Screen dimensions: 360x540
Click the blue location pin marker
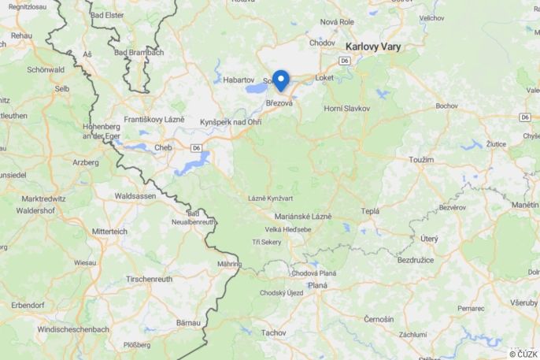tap(280, 80)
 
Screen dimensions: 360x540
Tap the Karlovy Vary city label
tap(372, 47)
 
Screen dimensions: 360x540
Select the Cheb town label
tap(163, 147)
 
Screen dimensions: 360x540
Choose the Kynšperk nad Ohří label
tap(231, 122)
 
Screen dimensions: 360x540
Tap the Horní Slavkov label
tap(347, 108)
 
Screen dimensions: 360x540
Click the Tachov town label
tap(274, 333)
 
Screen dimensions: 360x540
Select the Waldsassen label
tap(137, 195)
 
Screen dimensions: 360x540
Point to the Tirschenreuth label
tap(150, 279)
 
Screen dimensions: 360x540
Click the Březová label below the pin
tap(279, 103)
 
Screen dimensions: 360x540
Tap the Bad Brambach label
tap(139, 53)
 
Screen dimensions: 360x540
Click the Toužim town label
tap(421, 160)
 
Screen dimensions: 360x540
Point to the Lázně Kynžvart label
tap(270, 199)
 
